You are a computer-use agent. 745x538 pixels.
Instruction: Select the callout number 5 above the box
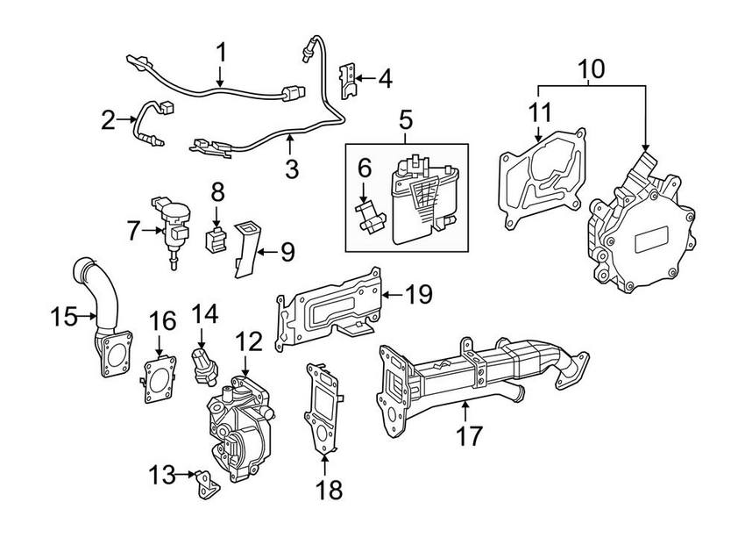[405, 117]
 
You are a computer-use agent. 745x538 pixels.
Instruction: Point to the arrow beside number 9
[262, 253]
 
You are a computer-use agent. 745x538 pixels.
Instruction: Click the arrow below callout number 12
[246, 369]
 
